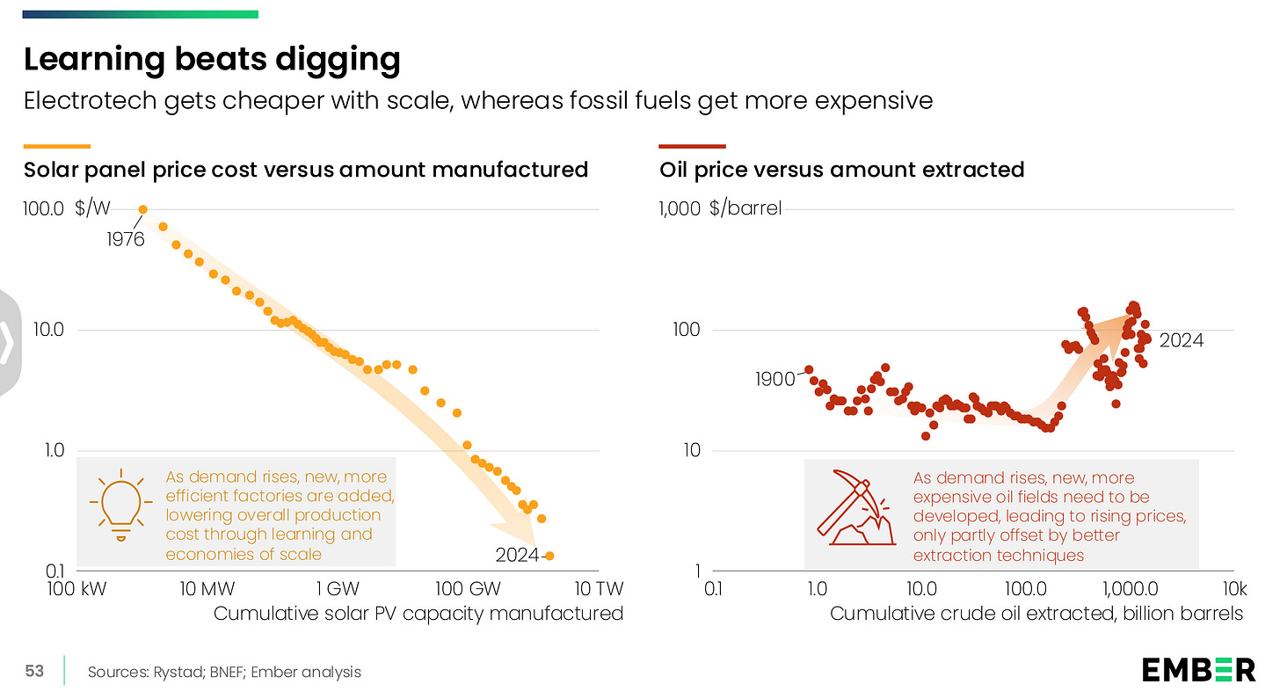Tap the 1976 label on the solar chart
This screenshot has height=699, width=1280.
pos(126,239)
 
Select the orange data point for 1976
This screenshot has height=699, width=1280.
pos(143,209)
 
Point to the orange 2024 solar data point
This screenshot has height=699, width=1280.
pos(549,556)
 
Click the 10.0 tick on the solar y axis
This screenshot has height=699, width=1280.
pos(43,330)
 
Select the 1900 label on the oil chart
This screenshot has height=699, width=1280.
pos(775,380)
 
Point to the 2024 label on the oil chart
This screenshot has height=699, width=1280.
pos(1180,341)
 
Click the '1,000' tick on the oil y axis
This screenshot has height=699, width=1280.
pos(680,209)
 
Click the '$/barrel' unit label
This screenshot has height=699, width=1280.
pos(745,209)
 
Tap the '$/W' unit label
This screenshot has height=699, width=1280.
pos(92,209)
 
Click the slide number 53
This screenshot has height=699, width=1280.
pos(34,671)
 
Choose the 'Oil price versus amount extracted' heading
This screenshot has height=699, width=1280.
pos(841,169)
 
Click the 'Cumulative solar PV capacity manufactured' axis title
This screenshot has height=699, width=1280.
pos(418,613)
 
